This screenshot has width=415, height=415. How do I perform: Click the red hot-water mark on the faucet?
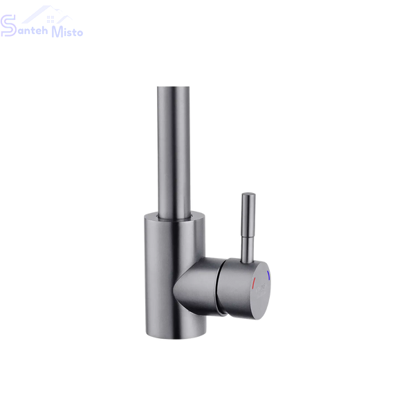click(254, 283)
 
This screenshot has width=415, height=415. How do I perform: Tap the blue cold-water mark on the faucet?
click(268, 275)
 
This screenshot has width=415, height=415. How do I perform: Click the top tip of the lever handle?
click(249, 194)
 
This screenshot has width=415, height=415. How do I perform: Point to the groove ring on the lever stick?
click(248, 237)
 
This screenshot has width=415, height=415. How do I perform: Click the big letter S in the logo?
click(8, 26)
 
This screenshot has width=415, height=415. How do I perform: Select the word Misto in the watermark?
click(67, 32)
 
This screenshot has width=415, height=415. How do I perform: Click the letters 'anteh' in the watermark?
click(33, 30)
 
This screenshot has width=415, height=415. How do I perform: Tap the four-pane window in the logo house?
click(50, 19)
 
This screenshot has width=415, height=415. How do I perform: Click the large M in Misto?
click(57, 32)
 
